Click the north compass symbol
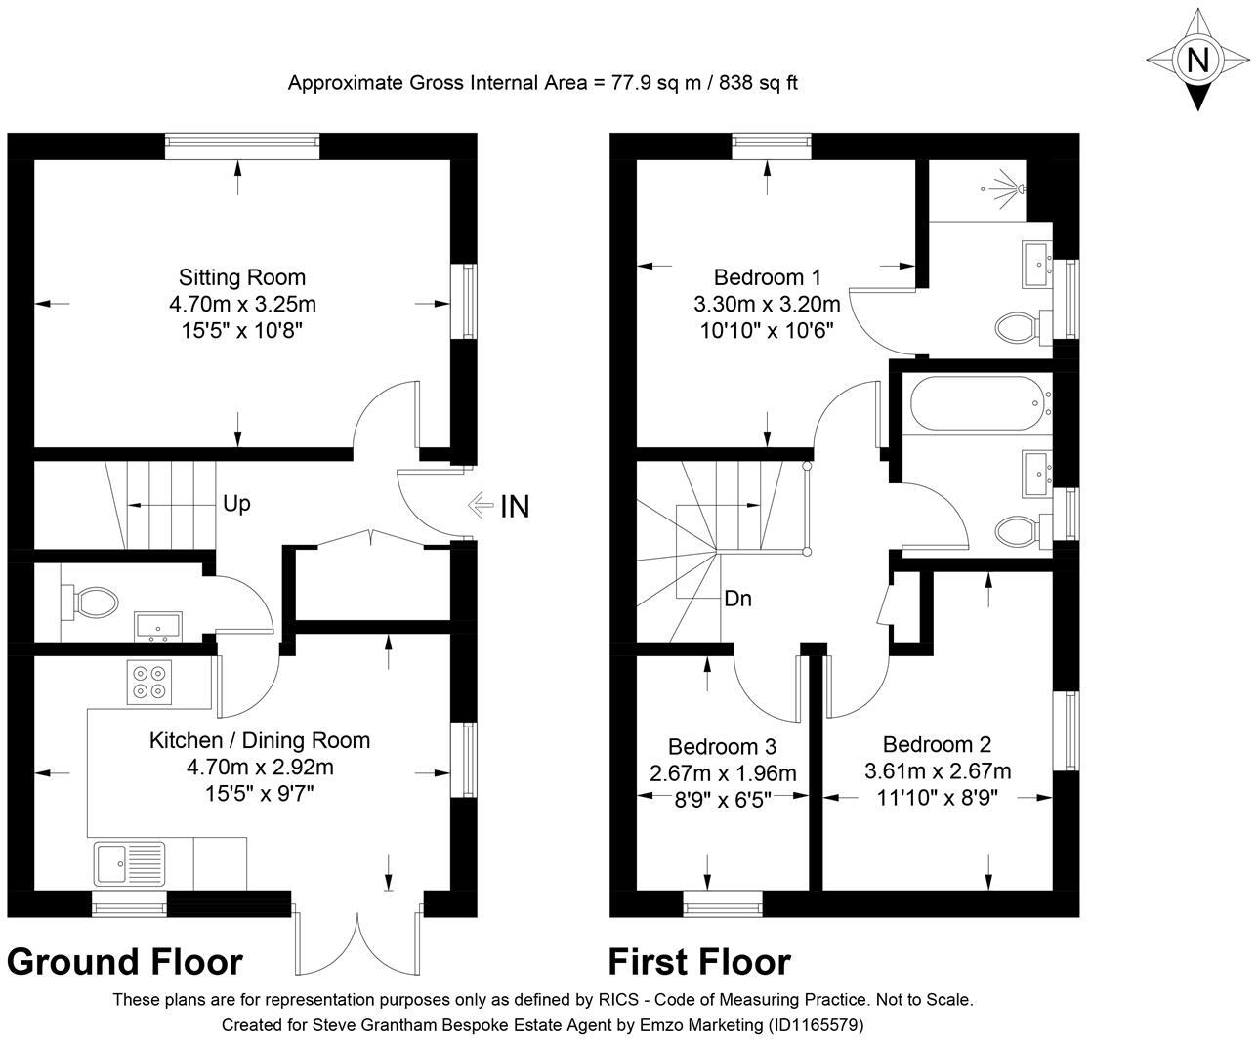[x=1196, y=60]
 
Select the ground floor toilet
[x=88, y=601]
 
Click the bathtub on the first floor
[x=978, y=403]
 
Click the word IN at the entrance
[x=515, y=506]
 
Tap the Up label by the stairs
[x=236, y=504]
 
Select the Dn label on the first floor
[x=737, y=599]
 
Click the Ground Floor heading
[x=125, y=962]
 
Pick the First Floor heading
[x=699, y=962]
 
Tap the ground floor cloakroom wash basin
[x=157, y=625]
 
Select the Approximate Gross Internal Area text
[x=542, y=83]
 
